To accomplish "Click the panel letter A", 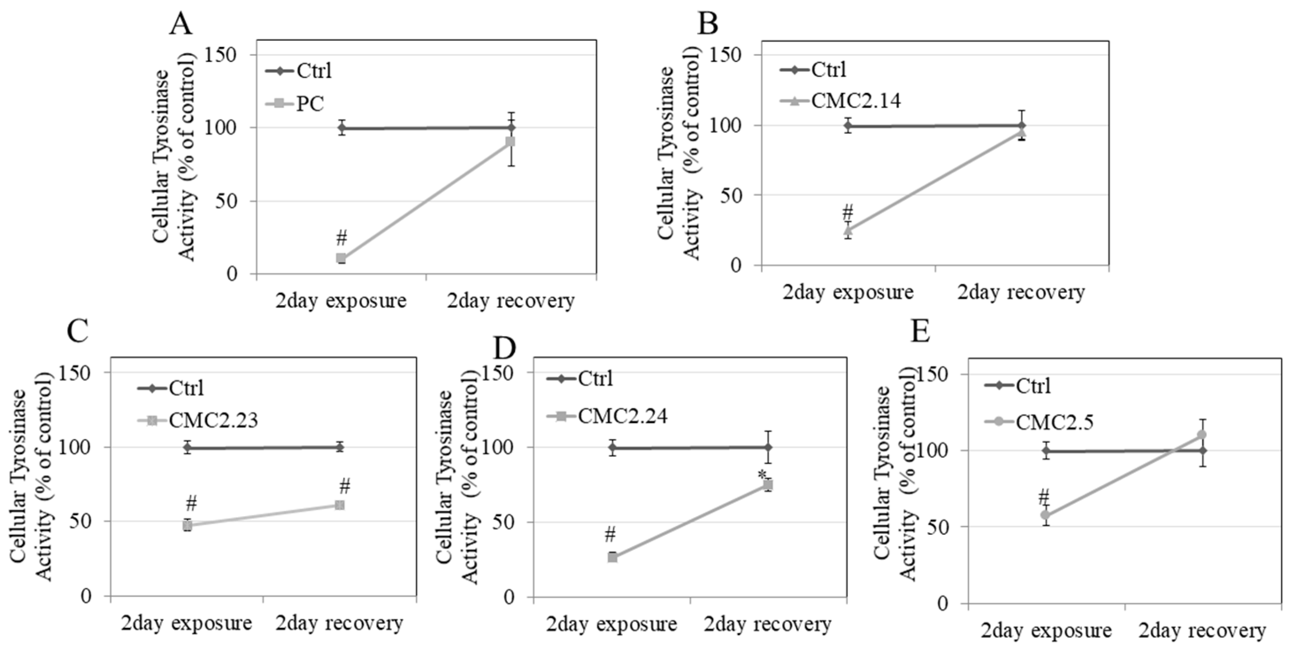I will pos(180,24).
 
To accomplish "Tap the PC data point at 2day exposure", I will pos(341,259).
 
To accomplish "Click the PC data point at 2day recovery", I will pos(510,142).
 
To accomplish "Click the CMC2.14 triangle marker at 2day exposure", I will pos(848,230).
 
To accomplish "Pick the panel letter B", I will pos(708,23).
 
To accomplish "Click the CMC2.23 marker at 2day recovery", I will pos(340,505).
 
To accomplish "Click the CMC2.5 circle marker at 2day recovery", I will pos(1202,435).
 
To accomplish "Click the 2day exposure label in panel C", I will pos(186,623).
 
